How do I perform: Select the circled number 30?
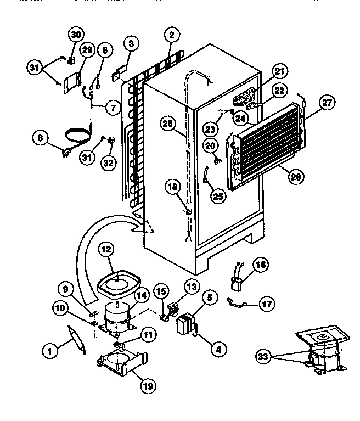click(75, 35)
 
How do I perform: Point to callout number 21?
click(280, 71)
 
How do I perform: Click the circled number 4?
click(218, 347)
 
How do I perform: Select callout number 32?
click(108, 163)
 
